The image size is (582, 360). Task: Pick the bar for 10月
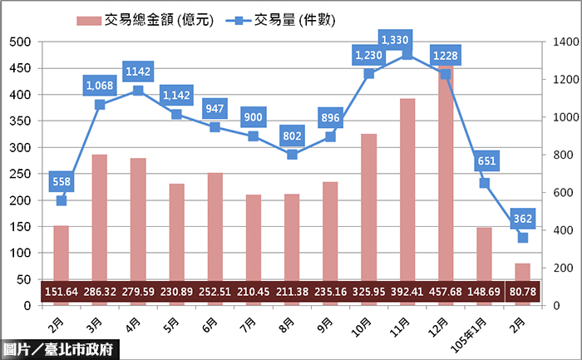click(368, 207)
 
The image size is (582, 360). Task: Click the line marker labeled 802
click(292, 155)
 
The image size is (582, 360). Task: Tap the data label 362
click(523, 219)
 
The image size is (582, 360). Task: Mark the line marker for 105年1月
click(484, 183)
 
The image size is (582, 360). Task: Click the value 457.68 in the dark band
click(446, 293)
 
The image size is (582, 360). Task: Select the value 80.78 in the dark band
click(523, 293)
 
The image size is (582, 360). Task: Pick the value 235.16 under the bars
click(330, 293)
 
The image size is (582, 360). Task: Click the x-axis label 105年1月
click(480, 324)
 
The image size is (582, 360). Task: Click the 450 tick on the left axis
click(20, 68)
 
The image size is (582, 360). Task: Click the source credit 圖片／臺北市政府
click(60, 350)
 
